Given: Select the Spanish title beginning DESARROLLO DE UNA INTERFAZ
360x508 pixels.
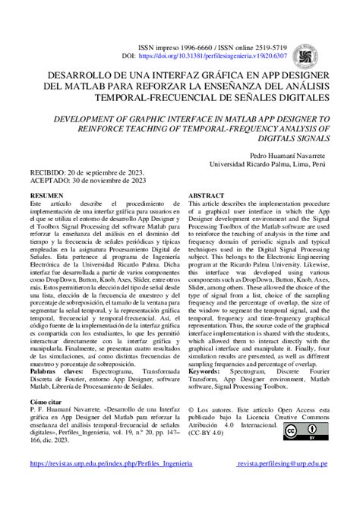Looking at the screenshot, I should click(179, 87).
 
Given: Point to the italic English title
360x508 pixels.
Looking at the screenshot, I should click(179, 130).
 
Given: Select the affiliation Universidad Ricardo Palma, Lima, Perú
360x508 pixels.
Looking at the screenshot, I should click(268, 164).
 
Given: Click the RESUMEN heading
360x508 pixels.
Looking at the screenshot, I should click(46, 196).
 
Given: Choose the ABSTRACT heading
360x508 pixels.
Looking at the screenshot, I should click(207, 196).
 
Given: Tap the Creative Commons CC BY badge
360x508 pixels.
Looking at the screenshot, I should click(301, 431).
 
